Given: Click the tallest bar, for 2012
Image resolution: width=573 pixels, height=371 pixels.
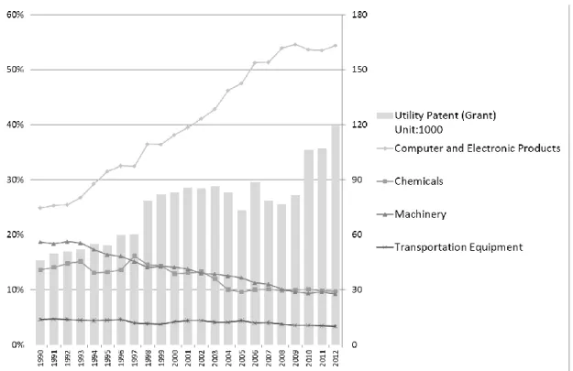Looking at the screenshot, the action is click(x=336, y=235).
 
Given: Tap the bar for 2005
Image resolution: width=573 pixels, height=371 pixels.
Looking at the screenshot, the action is click(x=241, y=278).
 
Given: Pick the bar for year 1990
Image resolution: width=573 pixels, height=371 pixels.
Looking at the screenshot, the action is click(x=40, y=302).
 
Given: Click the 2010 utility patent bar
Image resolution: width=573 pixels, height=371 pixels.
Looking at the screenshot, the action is click(x=308, y=247).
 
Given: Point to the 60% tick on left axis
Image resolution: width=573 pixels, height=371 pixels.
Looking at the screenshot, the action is click(x=15, y=15).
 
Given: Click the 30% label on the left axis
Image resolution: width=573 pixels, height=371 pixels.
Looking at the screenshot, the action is click(x=15, y=180).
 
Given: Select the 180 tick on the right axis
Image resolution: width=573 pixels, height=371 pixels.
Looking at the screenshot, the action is click(x=359, y=15).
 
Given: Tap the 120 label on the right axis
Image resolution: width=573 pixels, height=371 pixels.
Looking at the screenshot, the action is click(x=359, y=125).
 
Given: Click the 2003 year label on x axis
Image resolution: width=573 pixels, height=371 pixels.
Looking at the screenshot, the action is click(x=215, y=358).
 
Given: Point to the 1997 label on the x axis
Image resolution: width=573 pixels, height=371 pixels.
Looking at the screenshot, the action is click(x=135, y=358).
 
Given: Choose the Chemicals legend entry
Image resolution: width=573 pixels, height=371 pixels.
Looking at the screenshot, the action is click(x=410, y=181).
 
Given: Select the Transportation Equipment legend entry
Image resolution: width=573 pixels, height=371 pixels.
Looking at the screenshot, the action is click(x=449, y=247).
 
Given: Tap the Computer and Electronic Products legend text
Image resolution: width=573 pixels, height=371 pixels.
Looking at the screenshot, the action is click(x=478, y=148).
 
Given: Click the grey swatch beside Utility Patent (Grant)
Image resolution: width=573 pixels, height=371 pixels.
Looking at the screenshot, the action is click(x=384, y=115).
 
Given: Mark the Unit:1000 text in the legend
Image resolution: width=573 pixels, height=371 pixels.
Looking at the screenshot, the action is click(x=418, y=130).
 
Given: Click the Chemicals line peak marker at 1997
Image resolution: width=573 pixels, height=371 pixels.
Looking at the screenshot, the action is click(x=135, y=256).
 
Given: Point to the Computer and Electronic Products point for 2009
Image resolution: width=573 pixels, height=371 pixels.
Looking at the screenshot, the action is click(x=295, y=45).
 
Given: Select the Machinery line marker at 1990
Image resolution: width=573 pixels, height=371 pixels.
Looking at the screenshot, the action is click(x=40, y=242).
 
